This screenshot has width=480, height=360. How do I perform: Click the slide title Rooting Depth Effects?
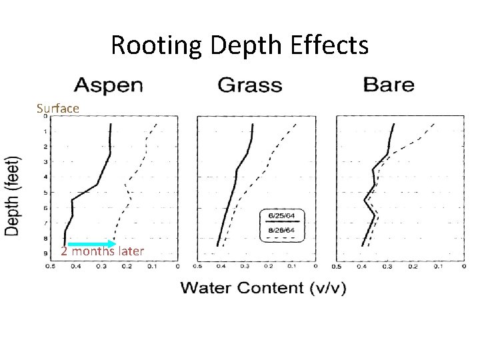pos(239,45)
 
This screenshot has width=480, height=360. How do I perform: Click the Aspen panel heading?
pos(109,85)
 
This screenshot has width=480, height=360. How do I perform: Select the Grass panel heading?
pos(250,85)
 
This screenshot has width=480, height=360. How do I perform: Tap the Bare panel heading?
pos(389,85)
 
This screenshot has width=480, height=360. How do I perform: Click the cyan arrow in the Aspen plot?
pos(91,244)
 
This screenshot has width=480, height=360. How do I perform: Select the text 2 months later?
pos(102,251)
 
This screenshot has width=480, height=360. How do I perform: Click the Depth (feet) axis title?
pos(14,195)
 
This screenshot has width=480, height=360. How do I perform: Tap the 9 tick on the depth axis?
pos(45,253)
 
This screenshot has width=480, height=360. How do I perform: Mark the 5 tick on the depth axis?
pos(45,193)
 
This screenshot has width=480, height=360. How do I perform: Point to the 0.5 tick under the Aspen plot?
pos(50,267)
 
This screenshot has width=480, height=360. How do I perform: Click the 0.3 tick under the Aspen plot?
pos(101,267)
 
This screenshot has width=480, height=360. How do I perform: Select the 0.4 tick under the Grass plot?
pos(219,267)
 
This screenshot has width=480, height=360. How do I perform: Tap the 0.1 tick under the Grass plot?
pos(291,267)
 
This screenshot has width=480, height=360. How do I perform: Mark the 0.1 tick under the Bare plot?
pos(437,267)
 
